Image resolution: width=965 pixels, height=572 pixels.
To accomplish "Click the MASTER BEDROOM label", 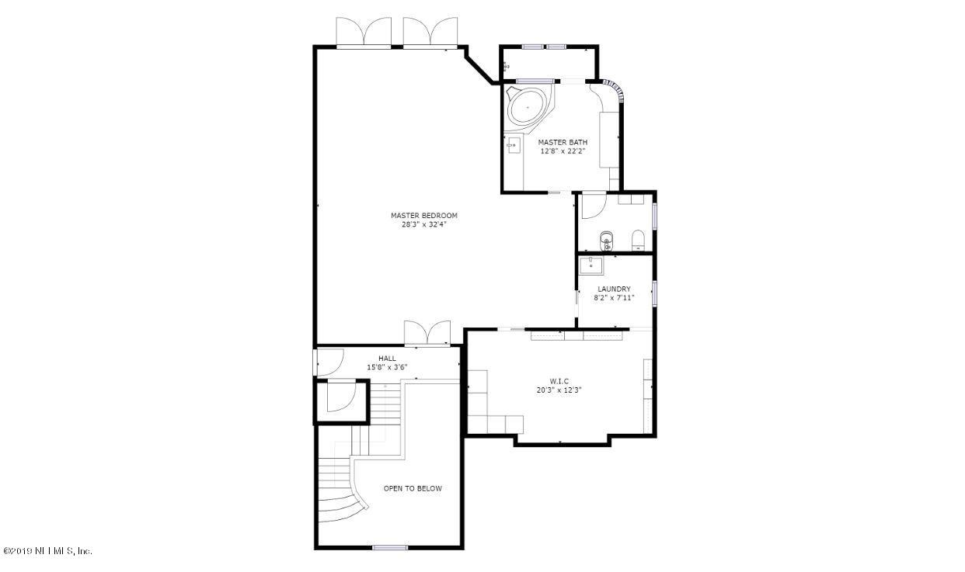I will point(423,216).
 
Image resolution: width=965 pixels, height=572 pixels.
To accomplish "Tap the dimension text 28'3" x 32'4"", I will point(423,225).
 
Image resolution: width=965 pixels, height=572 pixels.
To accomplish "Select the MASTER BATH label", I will point(563,142).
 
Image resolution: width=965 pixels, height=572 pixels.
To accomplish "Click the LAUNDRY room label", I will point(614,289).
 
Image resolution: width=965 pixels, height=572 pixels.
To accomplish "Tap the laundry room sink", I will point(590,266).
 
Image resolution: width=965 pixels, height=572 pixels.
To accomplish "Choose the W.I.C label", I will point(559,381).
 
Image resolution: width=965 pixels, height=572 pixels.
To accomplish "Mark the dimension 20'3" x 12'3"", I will point(559,390).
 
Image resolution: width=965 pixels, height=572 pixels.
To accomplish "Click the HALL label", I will point(387,359).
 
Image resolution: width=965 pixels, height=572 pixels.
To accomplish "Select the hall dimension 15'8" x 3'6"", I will point(387,367).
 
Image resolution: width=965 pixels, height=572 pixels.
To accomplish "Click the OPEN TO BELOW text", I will point(413,488).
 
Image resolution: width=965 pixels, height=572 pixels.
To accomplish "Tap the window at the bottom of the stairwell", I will point(390,548).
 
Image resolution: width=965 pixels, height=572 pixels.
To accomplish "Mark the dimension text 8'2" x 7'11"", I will point(614,297).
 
